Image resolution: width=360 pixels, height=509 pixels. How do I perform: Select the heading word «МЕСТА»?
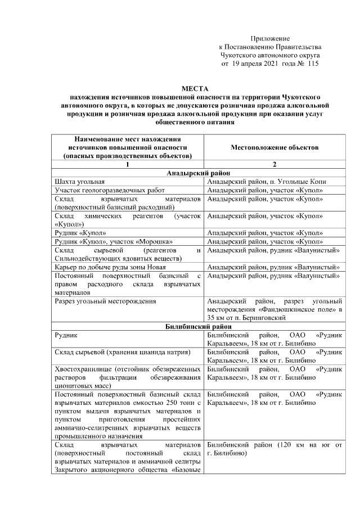(x=194, y=89)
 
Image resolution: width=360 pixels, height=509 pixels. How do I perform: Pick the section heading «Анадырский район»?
(x=194, y=173)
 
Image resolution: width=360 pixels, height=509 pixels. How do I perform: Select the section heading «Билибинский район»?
(x=194, y=326)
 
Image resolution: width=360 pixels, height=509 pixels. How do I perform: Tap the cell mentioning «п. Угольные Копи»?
(x=274, y=182)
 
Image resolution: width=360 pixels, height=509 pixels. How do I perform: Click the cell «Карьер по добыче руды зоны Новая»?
(x=112, y=267)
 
